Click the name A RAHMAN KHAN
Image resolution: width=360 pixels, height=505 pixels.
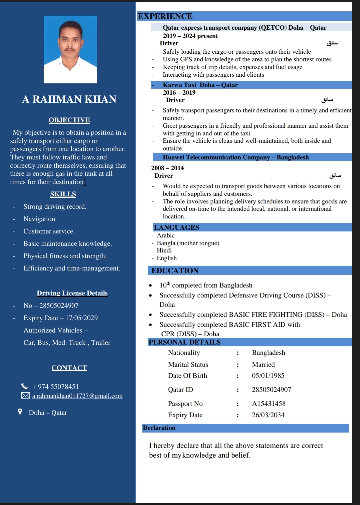[69, 99]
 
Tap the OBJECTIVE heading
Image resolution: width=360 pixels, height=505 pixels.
[69, 120]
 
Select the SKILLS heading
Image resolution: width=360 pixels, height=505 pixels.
[63, 194]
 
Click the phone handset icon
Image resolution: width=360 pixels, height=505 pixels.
[25, 386]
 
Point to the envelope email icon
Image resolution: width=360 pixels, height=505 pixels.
[25, 395]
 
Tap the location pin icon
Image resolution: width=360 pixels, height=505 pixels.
[20, 412]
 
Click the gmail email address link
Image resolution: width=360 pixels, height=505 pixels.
[77, 396]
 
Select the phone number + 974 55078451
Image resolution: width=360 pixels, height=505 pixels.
[55, 387]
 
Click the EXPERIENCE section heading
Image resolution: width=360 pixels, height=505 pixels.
[165, 16]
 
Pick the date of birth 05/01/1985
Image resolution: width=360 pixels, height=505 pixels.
[268, 376]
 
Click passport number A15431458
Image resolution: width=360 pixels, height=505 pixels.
[269, 404]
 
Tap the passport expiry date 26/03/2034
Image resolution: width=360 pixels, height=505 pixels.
[268, 415]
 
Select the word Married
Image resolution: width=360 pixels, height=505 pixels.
[263, 365]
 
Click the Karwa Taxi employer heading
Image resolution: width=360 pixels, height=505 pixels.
[200, 85]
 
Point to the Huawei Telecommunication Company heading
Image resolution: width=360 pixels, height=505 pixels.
[236, 157]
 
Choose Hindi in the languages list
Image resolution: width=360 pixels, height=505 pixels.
[164, 250]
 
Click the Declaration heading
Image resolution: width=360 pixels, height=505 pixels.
[159, 428]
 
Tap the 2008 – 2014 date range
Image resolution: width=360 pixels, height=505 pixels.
[167, 168]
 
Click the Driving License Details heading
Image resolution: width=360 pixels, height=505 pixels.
[72, 293]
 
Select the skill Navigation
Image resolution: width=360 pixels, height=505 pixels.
[40, 219]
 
